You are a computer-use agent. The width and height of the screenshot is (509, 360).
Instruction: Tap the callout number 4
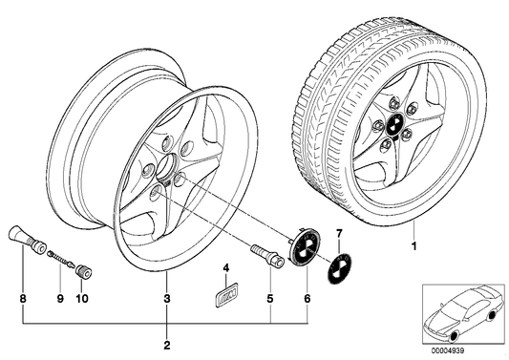tap(226, 265)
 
